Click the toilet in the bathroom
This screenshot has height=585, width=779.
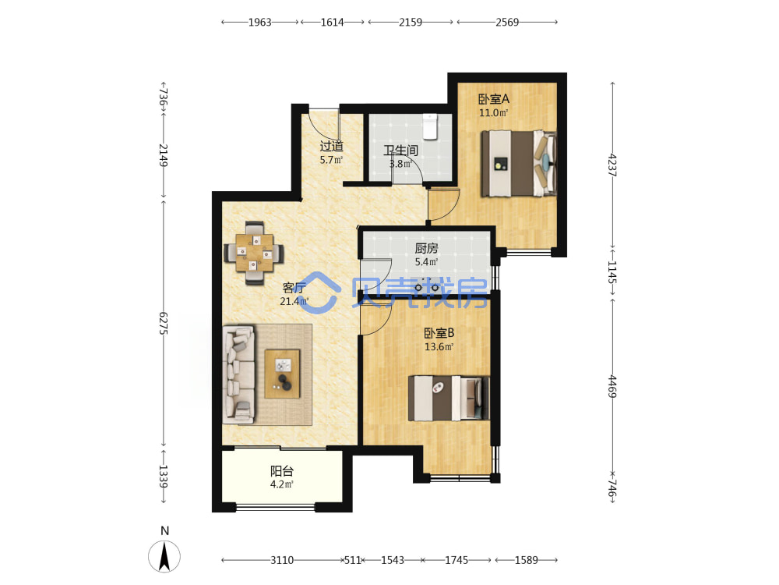[x=430, y=127]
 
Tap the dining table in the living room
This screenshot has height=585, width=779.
[x=255, y=253]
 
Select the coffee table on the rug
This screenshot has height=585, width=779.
[x=282, y=374]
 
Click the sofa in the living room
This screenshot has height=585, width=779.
[x=238, y=374]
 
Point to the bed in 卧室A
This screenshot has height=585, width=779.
[x=519, y=163]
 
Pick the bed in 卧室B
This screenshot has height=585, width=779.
[x=449, y=398]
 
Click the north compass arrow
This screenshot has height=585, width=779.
[x=164, y=555]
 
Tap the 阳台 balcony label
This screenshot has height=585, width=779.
[x=282, y=470]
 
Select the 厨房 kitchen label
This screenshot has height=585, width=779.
[x=426, y=248]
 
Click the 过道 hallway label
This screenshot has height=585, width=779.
[x=331, y=147]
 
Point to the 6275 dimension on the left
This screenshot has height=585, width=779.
[x=164, y=324]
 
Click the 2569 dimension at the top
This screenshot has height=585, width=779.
[x=507, y=22]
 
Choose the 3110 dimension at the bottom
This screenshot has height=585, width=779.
[x=282, y=560]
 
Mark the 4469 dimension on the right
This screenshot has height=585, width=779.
[x=612, y=387]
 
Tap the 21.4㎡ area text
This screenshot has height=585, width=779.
[x=294, y=301]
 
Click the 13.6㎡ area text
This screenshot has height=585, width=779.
[x=439, y=347]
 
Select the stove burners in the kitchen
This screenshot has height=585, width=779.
[x=427, y=287]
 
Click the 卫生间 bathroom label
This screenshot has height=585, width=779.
[x=400, y=150]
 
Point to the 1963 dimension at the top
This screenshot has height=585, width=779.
[x=260, y=22]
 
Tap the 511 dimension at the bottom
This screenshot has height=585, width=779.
[x=353, y=560]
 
